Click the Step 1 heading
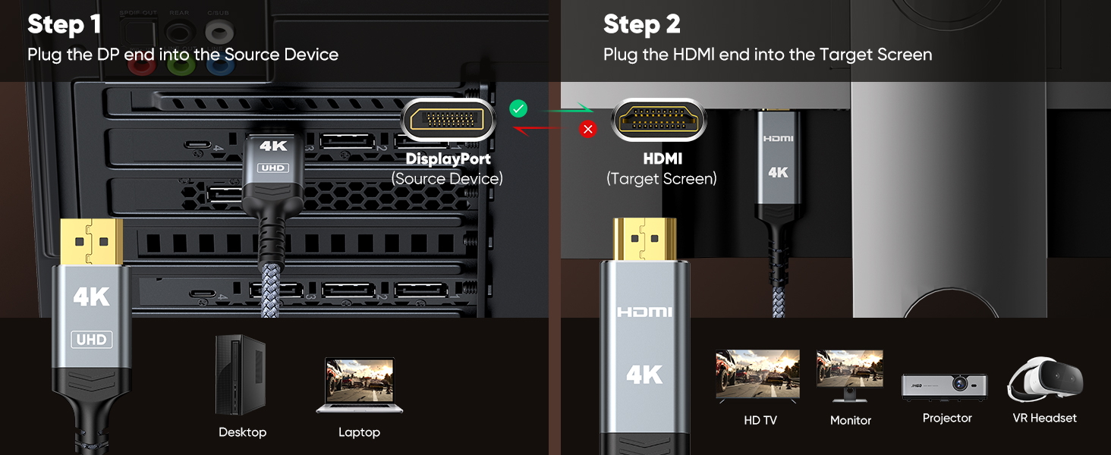tap(64, 24)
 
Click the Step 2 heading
tap(641, 24)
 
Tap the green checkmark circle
tap(518, 108)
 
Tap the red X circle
tap(587, 129)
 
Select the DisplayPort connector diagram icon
tap(448, 120)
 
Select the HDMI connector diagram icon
tap(658, 120)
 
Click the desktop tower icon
tap(241, 375)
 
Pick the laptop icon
tap(359, 385)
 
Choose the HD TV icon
tap(758, 375)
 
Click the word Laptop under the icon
tap(359, 432)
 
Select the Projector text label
tap(947, 419)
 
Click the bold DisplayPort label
tap(448, 159)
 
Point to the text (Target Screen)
tap(661, 179)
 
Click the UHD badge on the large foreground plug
tap(91, 340)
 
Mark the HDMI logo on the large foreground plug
tap(644, 312)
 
